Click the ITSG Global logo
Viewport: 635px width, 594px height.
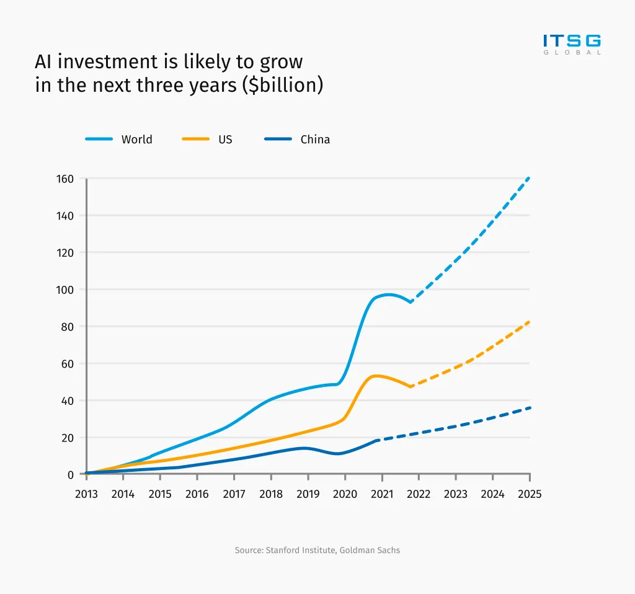tap(572, 44)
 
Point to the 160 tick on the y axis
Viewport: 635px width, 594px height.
tap(66, 179)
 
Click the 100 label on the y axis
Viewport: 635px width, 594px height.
tap(66, 290)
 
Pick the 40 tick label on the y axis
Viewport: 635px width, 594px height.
tap(68, 401)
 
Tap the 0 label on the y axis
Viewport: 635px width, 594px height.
tap(71, 474)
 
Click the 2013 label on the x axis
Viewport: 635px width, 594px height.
tap(86, 494)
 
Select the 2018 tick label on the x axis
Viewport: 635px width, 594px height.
tap(271, 494)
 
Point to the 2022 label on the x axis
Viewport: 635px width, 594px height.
tap(419, 494)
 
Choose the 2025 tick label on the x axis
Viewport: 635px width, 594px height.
tap(530, 494)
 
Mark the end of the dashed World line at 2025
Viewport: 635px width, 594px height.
tap(530, 178)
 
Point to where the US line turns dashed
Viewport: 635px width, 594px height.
tap(411, 386)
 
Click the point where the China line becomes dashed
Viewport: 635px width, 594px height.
tap(378, 440)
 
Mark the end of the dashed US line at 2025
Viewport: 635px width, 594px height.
tap(530, 322)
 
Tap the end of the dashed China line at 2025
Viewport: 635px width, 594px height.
tap(530, 407)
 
